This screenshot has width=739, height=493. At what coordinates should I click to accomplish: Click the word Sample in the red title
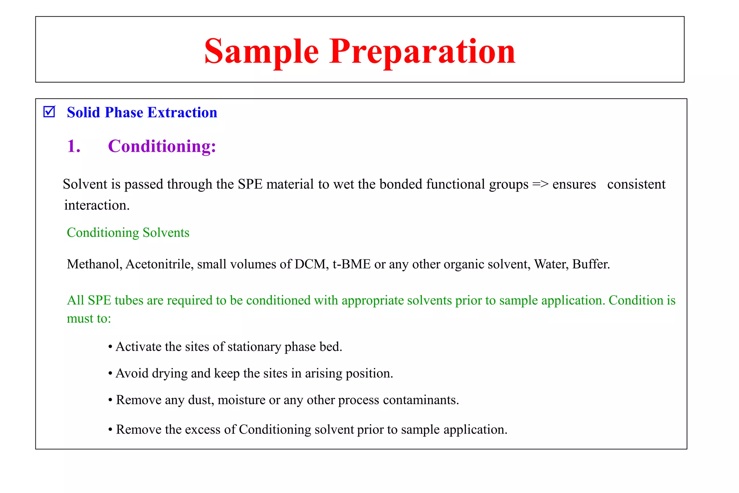click(x=261, y=52)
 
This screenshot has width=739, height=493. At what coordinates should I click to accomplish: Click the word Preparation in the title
click(x=422, y=52)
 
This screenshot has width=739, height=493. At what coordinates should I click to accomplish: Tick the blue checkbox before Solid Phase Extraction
click(x=49, y=112)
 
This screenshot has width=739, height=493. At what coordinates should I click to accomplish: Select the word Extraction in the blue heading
click(x=182, y=113)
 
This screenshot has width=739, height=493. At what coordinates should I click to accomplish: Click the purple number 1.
click(x=73, y=146)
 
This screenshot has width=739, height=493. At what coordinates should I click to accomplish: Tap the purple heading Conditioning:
click(x=162, y=146)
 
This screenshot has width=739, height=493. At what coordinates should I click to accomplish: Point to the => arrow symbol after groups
click(x=540, y=184)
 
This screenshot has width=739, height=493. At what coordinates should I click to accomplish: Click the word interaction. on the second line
click(x=97, y=205)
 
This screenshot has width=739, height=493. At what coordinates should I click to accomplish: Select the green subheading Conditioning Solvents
click(x=128, y=232)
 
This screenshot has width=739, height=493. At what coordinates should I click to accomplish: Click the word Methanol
click(x=95, y=264)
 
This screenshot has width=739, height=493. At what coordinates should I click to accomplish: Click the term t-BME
click(x=351, y=264)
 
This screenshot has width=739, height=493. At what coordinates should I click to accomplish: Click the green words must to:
click(x=89, y=318)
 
